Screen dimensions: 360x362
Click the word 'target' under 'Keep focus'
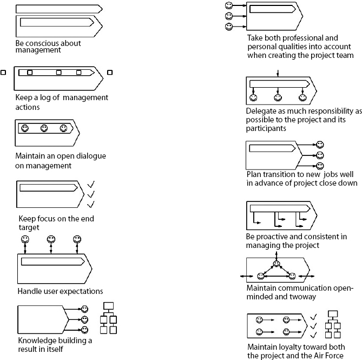point(29,228)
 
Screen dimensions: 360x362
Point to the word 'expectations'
point(81,291)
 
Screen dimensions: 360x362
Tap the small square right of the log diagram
point(110,72)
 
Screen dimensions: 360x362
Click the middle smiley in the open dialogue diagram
point(44,128)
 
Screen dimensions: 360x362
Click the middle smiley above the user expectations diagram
point(51,239)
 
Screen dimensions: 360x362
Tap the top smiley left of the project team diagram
point(229,5)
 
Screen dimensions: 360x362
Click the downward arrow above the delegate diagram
point(277,73)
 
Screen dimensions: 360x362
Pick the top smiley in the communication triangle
point(277,264)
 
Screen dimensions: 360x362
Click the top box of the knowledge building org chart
point(108,305)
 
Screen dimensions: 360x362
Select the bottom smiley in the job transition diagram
point(320,166)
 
